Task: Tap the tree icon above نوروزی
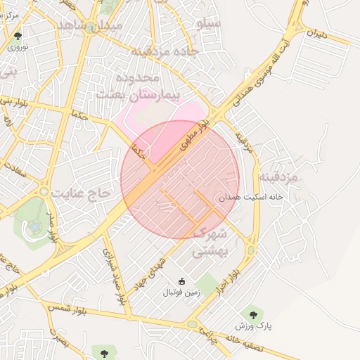pyautogui.click(x=16, y=35)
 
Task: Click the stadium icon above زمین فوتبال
pyautogui.click(x=181, y=282)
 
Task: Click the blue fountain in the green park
pyautogui.click(x=34, y=226)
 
